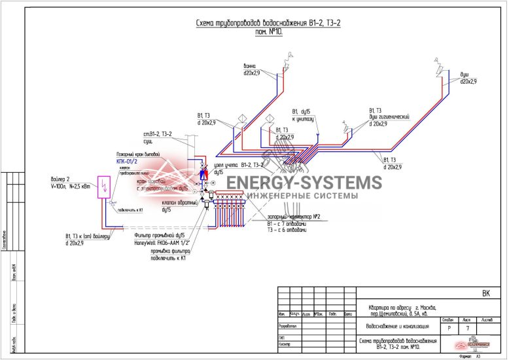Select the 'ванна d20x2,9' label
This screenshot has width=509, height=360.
coord(252,70)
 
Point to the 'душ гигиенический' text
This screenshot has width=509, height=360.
coord(389,117)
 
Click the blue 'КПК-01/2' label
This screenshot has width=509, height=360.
coord(126,160)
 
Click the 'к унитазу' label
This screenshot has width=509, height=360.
coord(303,119)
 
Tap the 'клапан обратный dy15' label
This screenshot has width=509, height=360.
coord(175,207)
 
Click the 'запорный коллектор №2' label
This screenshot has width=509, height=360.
coord(293,217)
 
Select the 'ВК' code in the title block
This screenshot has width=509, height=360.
coord(485,293)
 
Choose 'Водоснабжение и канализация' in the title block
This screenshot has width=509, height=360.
coord(397,325)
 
